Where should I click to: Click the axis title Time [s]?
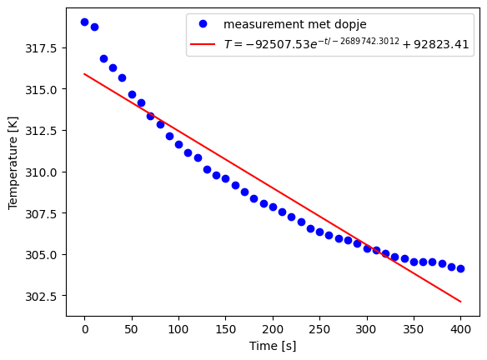(272, 346)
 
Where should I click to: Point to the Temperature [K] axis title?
(13, 162)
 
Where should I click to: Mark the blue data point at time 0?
(84, 22)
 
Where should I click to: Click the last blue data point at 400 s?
(460, 268)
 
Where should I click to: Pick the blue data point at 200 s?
(273, 207)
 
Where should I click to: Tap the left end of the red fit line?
(84, 74)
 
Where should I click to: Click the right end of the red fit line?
(460, 302)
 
